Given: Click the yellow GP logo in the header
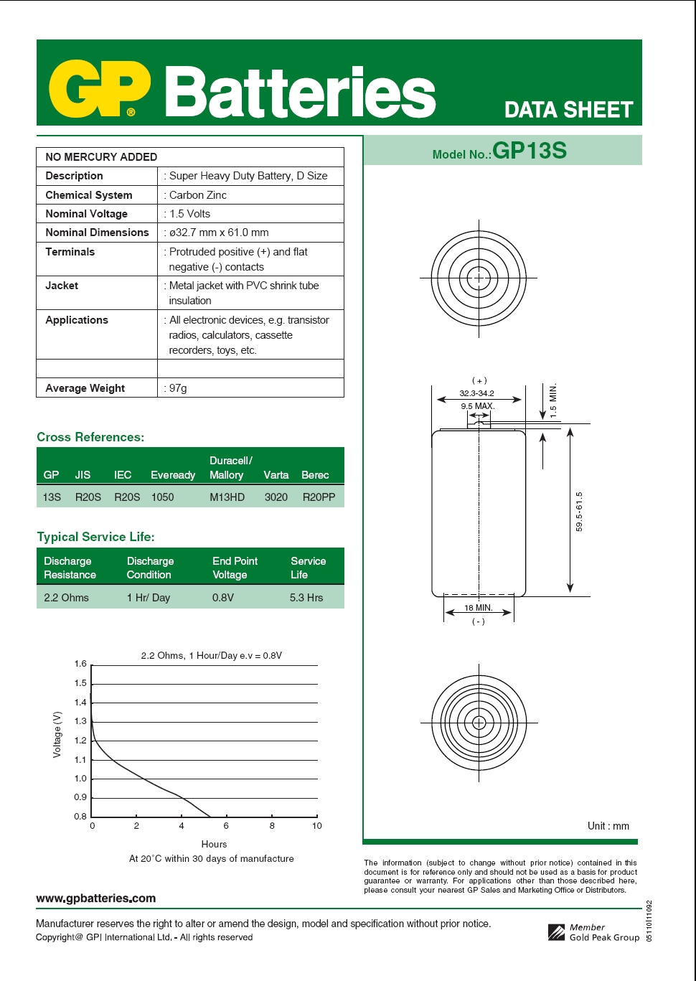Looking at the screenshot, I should point(99,89).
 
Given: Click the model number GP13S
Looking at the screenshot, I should point(530,151).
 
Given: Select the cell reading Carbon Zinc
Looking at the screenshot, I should point(198,195).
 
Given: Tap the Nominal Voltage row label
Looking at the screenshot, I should point(86,214).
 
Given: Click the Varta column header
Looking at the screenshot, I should point(276,475).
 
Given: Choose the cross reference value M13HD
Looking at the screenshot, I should point(227,497).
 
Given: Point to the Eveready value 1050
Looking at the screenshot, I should point(162,497).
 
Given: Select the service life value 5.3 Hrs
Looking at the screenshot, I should point(306,598).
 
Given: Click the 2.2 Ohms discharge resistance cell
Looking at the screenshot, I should point(66,598).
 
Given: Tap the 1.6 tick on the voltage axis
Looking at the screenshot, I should point(80,664).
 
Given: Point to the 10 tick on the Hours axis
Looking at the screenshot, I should point(316,826).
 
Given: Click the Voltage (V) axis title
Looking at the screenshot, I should point(57,734).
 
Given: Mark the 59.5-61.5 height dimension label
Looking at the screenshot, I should point(579,512).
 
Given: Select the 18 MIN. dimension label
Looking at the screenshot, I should point(478,608).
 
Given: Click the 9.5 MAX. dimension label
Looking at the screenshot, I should point(477,406).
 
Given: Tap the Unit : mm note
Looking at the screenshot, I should point(608,826).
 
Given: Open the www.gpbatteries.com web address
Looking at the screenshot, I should point(95,898).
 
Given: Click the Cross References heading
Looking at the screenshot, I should point(90,437).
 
